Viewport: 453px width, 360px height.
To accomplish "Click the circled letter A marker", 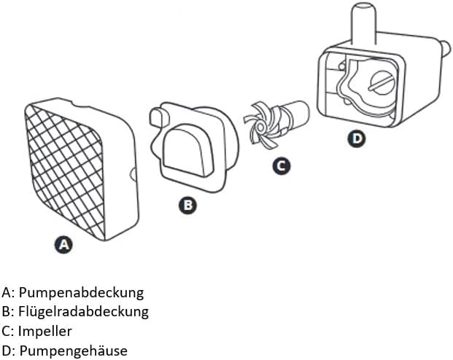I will point(64,245).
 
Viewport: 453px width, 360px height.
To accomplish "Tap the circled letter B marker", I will point(187,206).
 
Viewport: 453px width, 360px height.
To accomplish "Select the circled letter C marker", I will point(280,165).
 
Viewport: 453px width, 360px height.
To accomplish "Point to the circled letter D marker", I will point(355,138).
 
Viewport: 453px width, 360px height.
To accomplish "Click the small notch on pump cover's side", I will point(133,174).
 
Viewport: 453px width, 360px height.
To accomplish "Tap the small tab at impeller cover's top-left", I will point(156,117).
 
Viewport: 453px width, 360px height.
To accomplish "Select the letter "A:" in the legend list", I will point(8,292).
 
